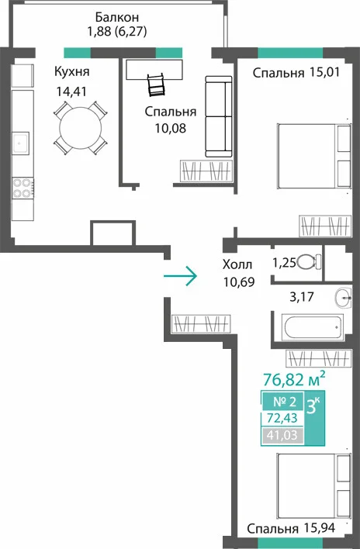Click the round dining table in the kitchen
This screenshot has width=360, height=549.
click(x=81, y=128)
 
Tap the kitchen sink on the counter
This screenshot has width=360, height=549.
click(x=21, y=143)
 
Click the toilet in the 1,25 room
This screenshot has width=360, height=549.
click(x=308, y=261)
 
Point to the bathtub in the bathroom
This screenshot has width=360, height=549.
click(x=313, y=327)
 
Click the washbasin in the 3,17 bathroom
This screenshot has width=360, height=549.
click(x=342, y=298)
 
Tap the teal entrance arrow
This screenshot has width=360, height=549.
click(x=180, y=276)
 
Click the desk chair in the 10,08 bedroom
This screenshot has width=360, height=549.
click(x=156, y=85)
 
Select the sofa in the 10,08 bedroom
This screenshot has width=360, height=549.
click(x=219, y=116)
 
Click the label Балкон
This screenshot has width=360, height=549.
click(x=117, y=17)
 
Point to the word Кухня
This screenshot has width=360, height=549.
click(x=72, y=71)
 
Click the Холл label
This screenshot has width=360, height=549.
click(x=237, y=264)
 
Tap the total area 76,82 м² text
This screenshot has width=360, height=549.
click(x=294, y=378)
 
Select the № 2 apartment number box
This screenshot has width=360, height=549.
click(x=285, y=401)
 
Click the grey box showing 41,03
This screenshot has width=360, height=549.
click(x=282, y=435)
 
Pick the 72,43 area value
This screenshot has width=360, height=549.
click(x=282, y=418)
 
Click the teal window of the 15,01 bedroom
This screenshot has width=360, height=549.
click(x=290, y=53)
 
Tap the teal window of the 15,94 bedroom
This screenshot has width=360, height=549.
click(x=290, y=544)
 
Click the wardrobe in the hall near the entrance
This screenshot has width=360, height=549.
click(x=201, y=323)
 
